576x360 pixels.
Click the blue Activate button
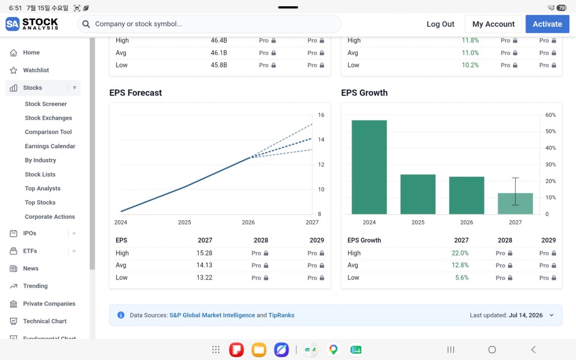coord(548,24)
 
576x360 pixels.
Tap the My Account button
coord(493,24)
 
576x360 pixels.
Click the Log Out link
coord(440,24)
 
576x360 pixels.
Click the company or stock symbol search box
coord(210,24)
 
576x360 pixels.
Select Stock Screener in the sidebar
coord(46,104)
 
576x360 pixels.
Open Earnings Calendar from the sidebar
coord(50,146)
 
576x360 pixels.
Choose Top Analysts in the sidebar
coord(43,189)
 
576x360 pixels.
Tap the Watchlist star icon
coord(14,70)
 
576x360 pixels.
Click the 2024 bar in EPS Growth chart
coord(369,167)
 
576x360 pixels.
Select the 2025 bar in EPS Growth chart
coord(418,194)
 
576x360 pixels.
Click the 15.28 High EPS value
coord(204,253)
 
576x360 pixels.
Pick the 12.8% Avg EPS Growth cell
coord(460,265)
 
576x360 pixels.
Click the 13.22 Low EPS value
coord(204,278)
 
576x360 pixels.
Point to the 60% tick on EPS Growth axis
coord(550,115)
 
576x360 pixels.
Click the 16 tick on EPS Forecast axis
coord(321,115)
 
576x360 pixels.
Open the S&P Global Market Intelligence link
coord(212,315)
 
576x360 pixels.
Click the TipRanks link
coord(281,315)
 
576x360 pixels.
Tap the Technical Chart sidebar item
coord(45,321)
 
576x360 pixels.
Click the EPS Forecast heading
coord(136,93)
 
